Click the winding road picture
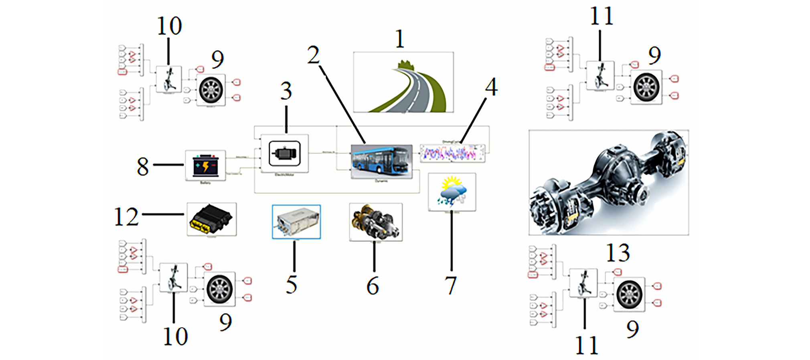point(403,82)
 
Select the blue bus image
point(381,161)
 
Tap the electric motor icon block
point(284,154)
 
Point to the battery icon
point(205,165)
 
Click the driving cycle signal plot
point(452,153)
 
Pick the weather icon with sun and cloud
point(452,192)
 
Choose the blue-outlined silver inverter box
point(296,222)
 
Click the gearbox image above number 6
point(375,221)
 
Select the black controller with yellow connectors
point(212,219)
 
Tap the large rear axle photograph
point(608,182)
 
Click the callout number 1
point(399,39)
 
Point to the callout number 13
point(618,253)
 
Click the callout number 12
point(126,217)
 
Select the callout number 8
point(143,166)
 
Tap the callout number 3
point(286,91)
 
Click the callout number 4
point(491,87)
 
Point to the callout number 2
point(313,55)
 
